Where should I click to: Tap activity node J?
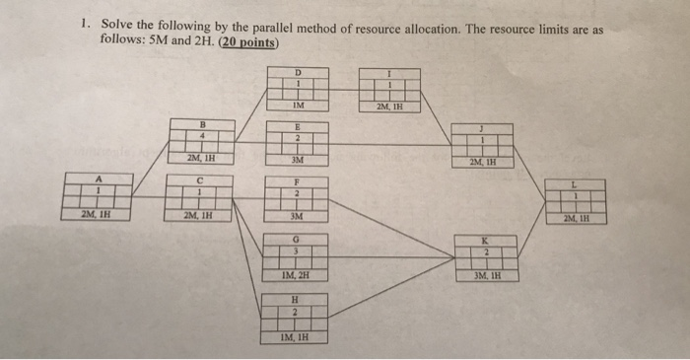click(483, 139)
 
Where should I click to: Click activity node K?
click(484, 252)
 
